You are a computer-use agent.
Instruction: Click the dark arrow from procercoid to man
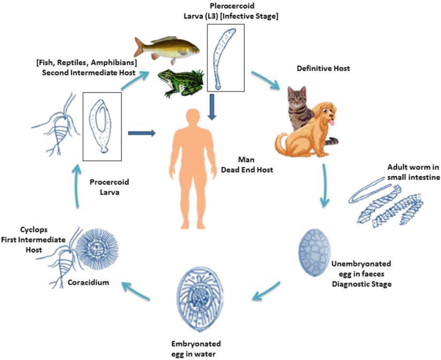tap(141, 134)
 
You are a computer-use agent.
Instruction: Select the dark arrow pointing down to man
tap(212, 106)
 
